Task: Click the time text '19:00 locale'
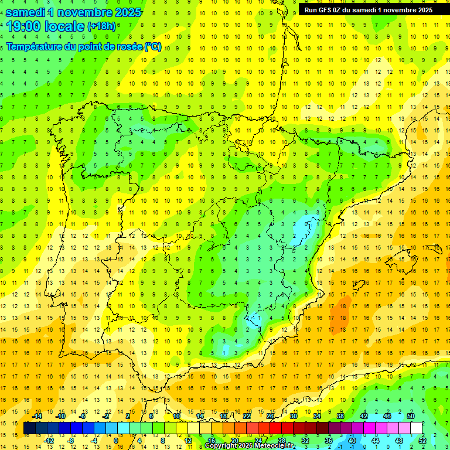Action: point(46,26)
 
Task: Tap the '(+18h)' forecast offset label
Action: point(101,26)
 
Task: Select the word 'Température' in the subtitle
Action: point(35,47)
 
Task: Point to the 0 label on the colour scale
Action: point(116,441)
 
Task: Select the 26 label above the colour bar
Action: point(270,416)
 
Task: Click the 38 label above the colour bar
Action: point(340,416)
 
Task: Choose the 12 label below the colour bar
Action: point(187,441)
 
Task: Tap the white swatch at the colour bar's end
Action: point(416,428)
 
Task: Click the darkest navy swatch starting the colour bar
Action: point(29,428)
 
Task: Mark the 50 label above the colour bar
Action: point(410,416)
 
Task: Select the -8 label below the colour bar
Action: point(71,441)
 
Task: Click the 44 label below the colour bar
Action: point(376,441)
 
